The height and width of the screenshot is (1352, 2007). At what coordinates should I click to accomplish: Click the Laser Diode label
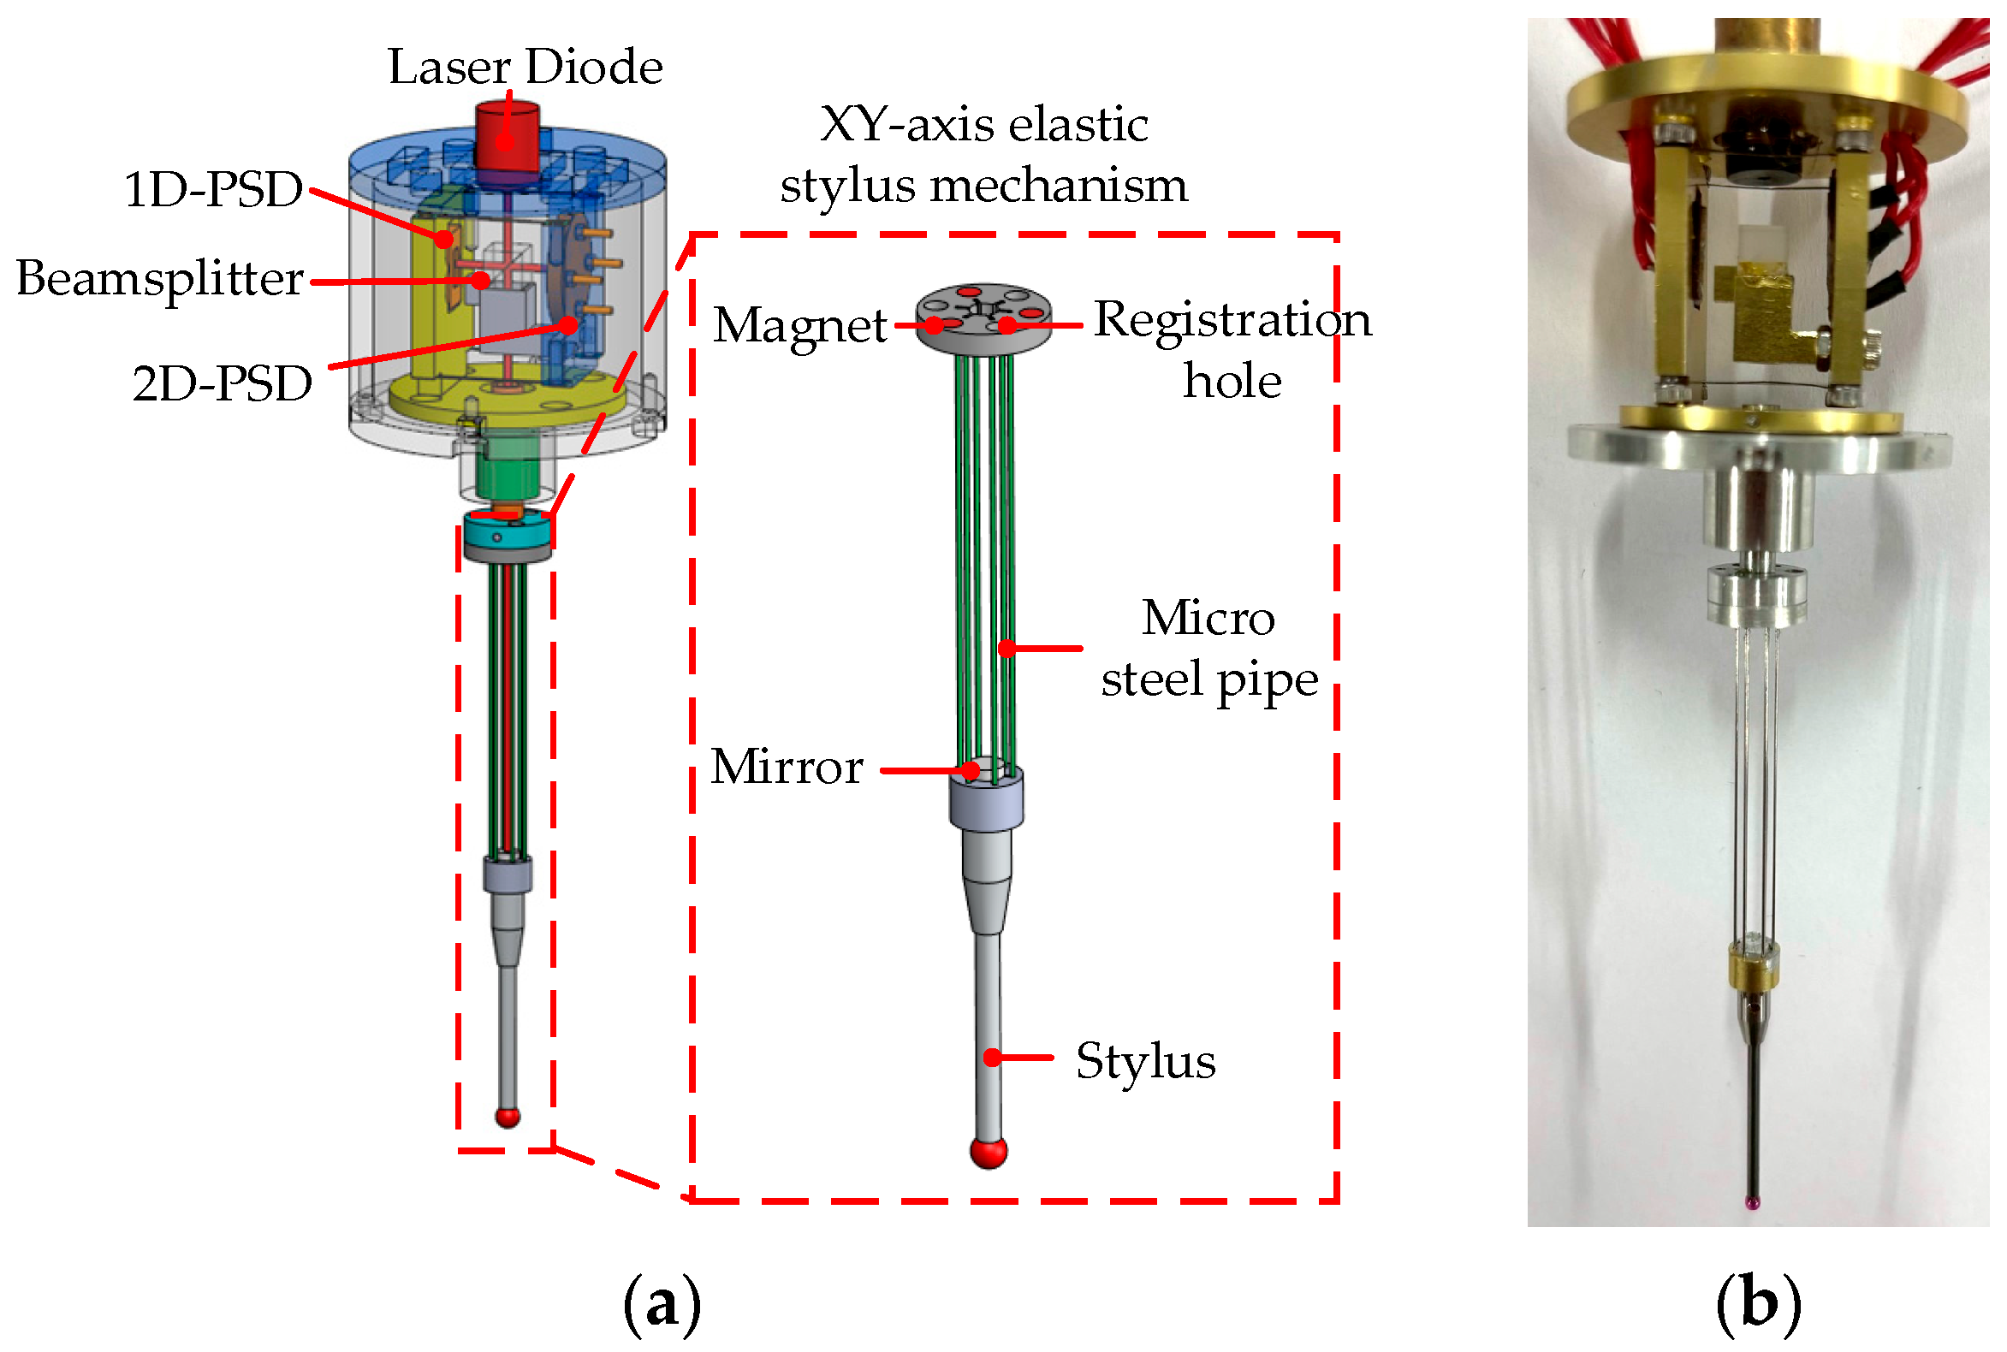(525, 67)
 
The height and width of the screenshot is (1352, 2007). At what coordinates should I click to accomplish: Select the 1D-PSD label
(213, 189)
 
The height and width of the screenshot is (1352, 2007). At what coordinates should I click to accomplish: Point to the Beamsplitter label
(159, 278)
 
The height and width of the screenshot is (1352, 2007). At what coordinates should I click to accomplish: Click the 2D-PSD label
(222, 383)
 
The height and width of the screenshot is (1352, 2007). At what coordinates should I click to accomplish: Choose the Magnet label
(799, 325)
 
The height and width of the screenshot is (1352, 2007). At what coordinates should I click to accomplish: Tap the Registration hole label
(1231, 349)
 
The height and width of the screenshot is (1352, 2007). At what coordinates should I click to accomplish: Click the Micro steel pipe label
(1208, 649)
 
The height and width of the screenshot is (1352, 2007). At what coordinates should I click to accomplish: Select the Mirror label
(786, 767)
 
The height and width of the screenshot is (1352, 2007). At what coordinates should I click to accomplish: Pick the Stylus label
(1144, 1060)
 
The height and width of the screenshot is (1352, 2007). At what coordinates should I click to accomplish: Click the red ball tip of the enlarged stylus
(988, 1151)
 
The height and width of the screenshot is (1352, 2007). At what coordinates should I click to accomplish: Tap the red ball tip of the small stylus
(508, 1117)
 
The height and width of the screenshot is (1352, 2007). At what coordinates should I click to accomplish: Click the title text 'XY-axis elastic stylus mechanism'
(983, 155)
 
